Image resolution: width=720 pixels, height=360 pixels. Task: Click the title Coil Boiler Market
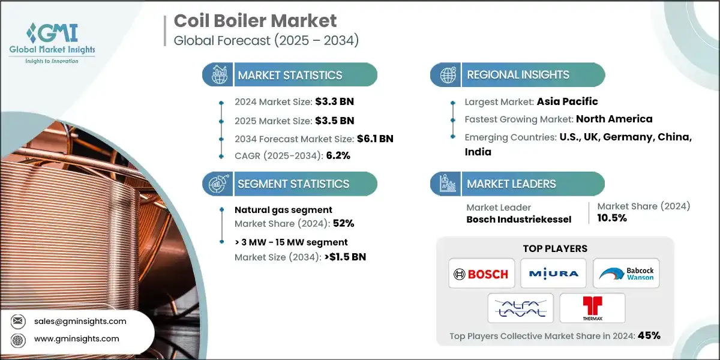click(255, 21)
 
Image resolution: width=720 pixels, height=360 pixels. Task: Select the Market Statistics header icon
click(216, 75)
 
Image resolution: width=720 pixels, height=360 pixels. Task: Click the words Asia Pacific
click(568, 101)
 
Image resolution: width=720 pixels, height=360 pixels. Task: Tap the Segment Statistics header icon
click(216, 184)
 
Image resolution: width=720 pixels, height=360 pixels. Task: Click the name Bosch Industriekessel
click(518, 219)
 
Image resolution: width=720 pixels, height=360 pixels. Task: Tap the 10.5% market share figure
click(612, 218)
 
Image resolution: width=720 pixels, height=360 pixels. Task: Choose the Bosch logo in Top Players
click(481, 274)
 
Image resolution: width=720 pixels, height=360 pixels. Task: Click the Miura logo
click(554, 274)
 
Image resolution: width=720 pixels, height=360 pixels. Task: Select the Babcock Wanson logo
click(626, 274)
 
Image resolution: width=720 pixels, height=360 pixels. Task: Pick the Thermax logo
click(592, 308)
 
